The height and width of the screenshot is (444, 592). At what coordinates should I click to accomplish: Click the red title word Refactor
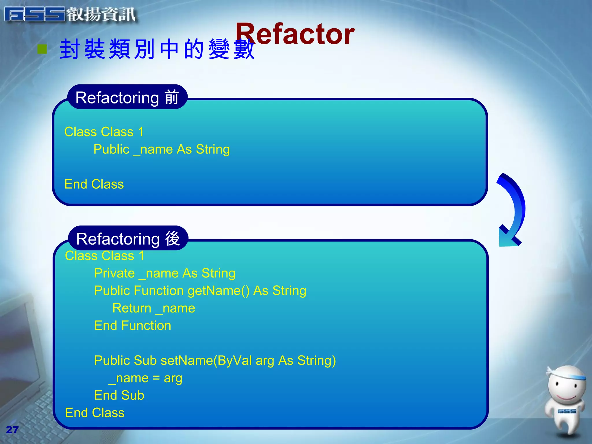click(x=295, y=34)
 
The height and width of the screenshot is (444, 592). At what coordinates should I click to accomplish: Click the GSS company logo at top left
click(x=69, y=14)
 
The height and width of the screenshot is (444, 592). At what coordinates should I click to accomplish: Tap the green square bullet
click(x=42, y=49)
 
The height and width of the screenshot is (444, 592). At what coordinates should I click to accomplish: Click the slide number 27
click(x=12, y=430)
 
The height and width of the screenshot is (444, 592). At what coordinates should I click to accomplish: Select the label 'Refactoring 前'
click(x=127, y=97)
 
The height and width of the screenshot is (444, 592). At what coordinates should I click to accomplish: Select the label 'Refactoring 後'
click(x=128, y=239)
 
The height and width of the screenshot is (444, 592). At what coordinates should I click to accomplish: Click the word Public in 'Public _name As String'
click(x=111, y=149)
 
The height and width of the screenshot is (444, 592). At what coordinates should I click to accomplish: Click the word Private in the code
click(x=114, y=273)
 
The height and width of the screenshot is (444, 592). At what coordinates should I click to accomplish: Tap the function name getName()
click(x=219, y=291)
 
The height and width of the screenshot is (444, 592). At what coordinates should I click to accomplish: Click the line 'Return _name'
click(x=154, y=308)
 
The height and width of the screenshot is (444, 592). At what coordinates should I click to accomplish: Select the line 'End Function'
click(x=133, y=326)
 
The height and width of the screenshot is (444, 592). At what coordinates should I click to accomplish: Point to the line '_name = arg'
click(x=145, y=378)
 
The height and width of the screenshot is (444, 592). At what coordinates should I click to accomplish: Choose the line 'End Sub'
click(x=119, y=395)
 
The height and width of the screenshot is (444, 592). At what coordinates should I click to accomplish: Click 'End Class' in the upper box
click(x=94, y=184)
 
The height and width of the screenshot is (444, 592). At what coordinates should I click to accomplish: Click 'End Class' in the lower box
click(x=95, y=413)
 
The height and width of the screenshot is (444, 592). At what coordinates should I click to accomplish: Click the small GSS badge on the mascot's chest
click(x=567, y=411)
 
